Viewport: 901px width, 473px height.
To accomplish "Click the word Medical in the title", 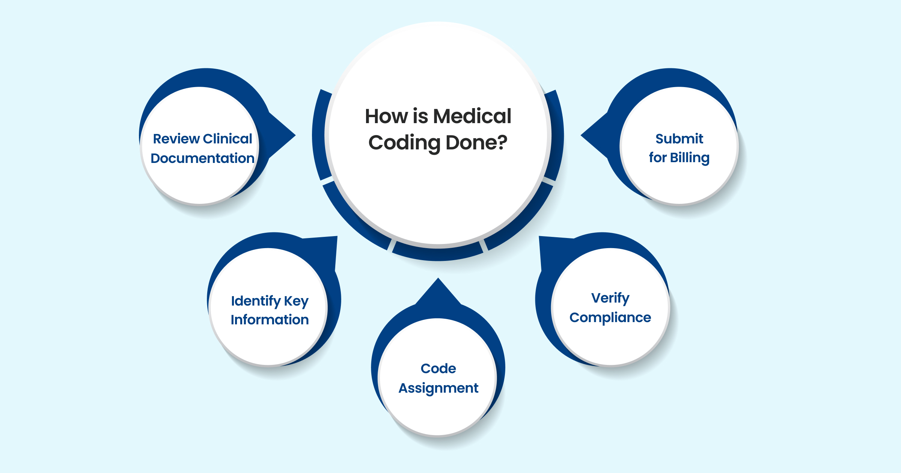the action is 472,116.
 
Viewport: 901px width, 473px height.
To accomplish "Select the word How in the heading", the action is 386,116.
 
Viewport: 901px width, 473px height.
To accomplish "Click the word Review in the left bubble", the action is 176,139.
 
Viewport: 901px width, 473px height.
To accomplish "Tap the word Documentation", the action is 202,158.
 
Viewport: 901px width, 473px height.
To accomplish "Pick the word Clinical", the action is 228,139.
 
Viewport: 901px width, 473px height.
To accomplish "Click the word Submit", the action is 679,139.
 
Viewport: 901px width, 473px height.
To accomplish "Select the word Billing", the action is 690,158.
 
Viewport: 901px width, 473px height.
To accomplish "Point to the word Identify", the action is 256,301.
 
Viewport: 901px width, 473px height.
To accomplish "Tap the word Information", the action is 270,320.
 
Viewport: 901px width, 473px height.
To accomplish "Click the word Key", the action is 296,301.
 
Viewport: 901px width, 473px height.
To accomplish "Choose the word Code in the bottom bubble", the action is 438,369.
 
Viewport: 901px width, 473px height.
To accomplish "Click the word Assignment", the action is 438,388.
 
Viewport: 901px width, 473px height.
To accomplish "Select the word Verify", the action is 610,298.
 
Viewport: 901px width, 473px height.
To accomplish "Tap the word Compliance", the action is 610,318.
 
